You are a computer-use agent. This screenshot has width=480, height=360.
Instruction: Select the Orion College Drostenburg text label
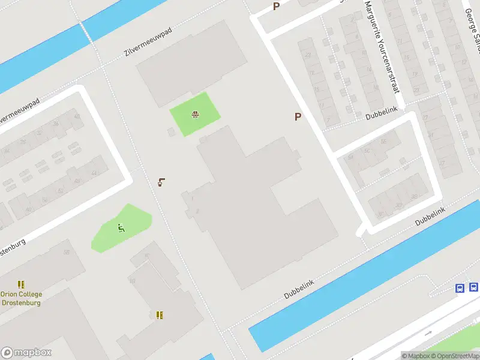pyautogui.click(x=22, y=298)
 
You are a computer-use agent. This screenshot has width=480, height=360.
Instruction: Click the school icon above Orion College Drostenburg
pyautogui.click(x=22, y=284)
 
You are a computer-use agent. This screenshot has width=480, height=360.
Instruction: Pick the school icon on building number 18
pyautogui.click(x=160, y=314)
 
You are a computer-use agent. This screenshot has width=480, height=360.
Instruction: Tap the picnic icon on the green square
pyautogui.click(x=195, y=114)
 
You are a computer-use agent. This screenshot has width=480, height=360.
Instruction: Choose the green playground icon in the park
pyautogui.click(x=121, y=227)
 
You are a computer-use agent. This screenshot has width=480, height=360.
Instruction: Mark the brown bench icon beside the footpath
pyautogui.click(x=161, y=182)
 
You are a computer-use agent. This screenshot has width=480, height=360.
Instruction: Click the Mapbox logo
pyautogui.click(x=26, y=353)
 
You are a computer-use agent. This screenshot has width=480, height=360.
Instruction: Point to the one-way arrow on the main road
pyautogui.click(x=428, y=333)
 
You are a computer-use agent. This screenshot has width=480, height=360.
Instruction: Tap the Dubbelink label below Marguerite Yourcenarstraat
pyautogui.click(x=382, y=116)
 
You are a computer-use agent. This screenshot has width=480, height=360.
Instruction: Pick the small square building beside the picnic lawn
pyautogui.click(x=172, y=131)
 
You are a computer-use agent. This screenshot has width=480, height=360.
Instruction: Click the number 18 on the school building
pyautogui.click(x=132, y=281)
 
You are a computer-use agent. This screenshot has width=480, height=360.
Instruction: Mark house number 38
pyautogui.click(x=415, y=197)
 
